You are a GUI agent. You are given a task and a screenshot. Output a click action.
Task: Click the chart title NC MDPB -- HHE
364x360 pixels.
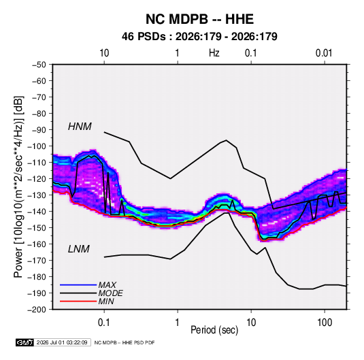pos(199,19)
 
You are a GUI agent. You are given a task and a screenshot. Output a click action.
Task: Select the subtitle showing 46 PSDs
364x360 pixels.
pos(199,37)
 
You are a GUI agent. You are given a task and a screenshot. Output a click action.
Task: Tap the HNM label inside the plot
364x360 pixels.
pos(80,127)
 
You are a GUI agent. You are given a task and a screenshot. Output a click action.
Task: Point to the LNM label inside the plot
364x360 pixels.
pos(79,249)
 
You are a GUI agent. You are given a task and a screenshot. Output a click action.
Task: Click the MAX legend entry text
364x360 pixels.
pos(107,284)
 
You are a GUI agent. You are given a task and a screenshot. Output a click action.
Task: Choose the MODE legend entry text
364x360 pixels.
pos(110,293)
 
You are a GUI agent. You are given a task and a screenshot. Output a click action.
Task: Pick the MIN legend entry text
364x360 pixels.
pos(106,301)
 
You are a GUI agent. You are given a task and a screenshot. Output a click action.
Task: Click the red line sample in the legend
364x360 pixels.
pos(78,301)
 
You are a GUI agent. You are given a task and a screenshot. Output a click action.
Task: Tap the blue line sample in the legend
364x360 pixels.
pos(78,284)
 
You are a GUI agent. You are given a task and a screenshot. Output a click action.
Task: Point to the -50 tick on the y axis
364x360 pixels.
pos(39,65)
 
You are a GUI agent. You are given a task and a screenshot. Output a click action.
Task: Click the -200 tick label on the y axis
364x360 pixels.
pos(37,310)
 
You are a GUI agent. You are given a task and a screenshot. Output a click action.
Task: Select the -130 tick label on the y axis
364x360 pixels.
pos(37,195)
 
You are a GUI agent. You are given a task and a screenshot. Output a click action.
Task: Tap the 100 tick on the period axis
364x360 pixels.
pos(325,323)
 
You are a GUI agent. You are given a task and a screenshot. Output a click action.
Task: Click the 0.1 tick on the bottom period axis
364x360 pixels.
pos(104,323)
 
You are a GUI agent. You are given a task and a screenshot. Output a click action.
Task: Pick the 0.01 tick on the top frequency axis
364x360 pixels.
pos(324,53)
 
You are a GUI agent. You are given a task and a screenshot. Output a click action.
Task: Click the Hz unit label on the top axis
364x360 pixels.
pos(214,53)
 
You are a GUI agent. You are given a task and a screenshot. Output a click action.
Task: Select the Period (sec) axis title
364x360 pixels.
pos(214,330)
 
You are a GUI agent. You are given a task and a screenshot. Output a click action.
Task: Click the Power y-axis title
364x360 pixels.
pos(18,186)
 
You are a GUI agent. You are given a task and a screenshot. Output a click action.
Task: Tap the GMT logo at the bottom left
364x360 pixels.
pos(25,342)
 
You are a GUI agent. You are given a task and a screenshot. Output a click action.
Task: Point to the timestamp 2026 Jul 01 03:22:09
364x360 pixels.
pos(62,342)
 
